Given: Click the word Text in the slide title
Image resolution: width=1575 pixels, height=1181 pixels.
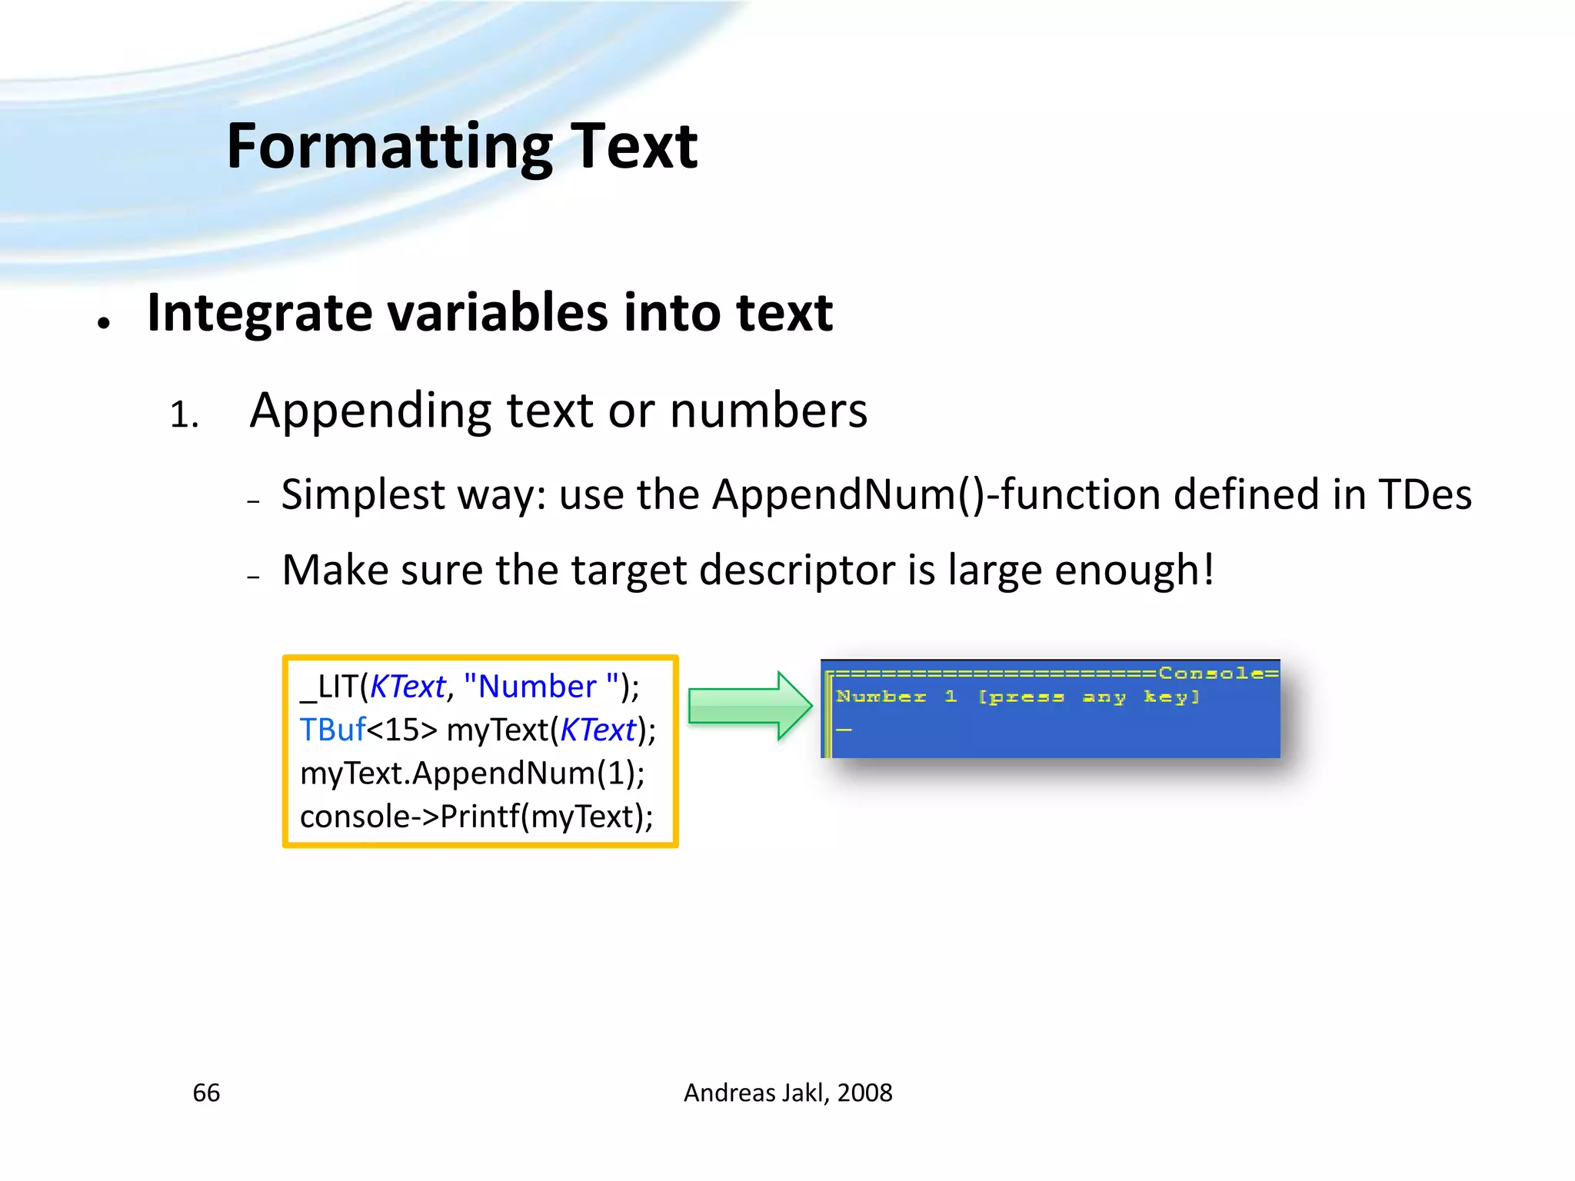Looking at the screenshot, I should point(634,147).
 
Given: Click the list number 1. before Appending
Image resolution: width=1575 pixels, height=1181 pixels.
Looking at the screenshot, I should point(185,416).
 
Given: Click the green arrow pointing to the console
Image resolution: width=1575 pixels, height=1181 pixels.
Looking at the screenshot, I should point(749,706).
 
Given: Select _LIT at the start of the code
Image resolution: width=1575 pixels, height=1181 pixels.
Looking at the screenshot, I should point(329,687).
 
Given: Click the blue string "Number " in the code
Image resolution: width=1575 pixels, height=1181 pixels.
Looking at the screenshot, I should point(541,687).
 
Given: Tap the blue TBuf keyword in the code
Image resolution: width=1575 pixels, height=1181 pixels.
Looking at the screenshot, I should point(332,730).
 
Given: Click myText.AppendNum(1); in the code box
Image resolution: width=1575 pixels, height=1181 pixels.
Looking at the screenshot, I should point(472,773).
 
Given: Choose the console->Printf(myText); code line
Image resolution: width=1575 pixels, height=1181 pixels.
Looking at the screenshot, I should point(476,817).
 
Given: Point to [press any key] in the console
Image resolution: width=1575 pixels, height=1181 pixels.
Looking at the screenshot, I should point(1088,697).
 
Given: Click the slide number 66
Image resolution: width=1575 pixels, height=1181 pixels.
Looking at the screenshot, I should point(206,1093).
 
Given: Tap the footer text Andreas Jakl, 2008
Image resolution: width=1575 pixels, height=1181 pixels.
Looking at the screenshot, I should point(787,1093).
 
